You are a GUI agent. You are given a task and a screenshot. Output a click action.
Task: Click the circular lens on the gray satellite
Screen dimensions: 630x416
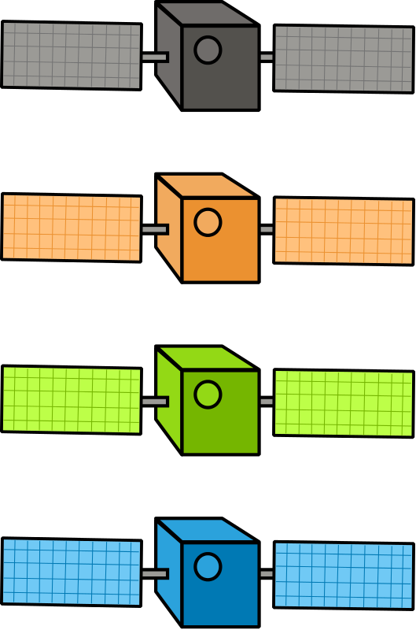tap(208, 50)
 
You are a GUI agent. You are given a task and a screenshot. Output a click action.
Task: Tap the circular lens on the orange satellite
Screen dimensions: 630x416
tap(208, 223)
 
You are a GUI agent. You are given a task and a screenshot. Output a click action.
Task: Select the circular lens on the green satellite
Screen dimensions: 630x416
tap(208, 395)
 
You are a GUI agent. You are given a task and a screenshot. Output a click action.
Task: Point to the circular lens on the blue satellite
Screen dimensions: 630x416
tap(208, 566)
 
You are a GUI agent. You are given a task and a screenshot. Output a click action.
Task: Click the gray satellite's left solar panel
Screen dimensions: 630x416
tap(72, 55)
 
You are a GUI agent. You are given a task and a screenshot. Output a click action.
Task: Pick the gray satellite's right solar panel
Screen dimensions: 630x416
tap(343, 59)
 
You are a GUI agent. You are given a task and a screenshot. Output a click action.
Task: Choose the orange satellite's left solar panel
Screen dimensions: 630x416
tap(72, 228)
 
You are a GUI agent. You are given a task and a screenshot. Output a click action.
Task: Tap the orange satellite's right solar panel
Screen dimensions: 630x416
tap(343, 231)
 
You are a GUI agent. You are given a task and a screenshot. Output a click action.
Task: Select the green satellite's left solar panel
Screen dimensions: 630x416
tap(72, 399)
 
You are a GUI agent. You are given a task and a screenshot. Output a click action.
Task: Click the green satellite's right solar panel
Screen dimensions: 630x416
tap(343, 403)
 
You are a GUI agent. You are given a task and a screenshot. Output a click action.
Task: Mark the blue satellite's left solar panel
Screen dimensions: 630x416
tap(72, 572)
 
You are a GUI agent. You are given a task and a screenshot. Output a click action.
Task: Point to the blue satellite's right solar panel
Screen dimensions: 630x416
tap(343, 575)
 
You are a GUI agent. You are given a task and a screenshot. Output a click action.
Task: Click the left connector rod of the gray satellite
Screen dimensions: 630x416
tap(154, 57)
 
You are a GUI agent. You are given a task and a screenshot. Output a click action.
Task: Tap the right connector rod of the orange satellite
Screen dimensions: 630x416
tap(267, 229)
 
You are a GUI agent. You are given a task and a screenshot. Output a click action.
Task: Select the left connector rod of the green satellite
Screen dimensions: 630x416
tap(154, 402)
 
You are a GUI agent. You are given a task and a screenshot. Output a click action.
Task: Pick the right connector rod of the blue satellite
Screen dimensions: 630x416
tap(267, 573)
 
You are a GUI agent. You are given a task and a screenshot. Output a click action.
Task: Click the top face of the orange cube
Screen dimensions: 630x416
tap(206, 187)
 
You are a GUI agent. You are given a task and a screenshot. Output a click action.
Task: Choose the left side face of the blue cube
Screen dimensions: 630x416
tap(169, 571)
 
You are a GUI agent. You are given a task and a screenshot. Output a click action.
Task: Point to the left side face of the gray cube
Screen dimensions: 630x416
tap(169, 55)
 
